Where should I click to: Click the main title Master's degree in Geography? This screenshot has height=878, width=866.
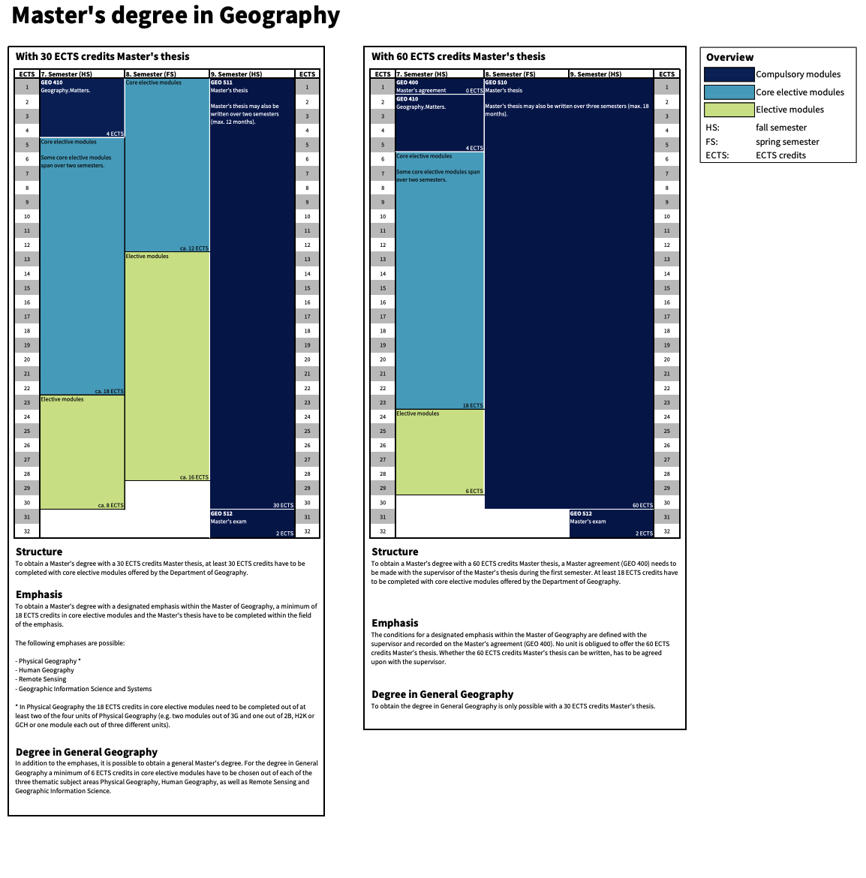click(176, 16)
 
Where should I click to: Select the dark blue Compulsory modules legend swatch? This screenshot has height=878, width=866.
click(729, 74)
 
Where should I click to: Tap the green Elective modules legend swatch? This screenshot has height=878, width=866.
click(729, 110)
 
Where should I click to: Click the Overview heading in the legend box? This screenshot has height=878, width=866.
click(729, 57)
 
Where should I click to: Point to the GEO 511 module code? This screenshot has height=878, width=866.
click(221, 83)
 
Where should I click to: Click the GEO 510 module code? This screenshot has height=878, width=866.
click(496, 83)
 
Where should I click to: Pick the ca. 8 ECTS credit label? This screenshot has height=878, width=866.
click(111, 505)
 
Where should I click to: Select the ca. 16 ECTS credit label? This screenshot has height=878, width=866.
click(194, 477)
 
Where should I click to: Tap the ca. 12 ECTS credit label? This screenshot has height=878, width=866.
click(194, 248)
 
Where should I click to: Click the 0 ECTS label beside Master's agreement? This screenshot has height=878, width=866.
click(474, 91)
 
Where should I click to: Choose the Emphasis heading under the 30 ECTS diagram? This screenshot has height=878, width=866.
click(39, 594)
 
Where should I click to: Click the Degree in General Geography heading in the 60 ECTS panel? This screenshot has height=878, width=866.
click(443, 694)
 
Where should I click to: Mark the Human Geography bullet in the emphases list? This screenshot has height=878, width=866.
click(47, 670)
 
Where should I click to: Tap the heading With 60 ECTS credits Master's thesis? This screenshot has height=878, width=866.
click(459, 56)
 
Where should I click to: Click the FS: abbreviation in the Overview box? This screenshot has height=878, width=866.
click(711, 142)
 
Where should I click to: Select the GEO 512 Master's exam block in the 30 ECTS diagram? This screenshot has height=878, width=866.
click(251, 523)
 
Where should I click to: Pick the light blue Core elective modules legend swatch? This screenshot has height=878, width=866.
click(729, 92)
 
